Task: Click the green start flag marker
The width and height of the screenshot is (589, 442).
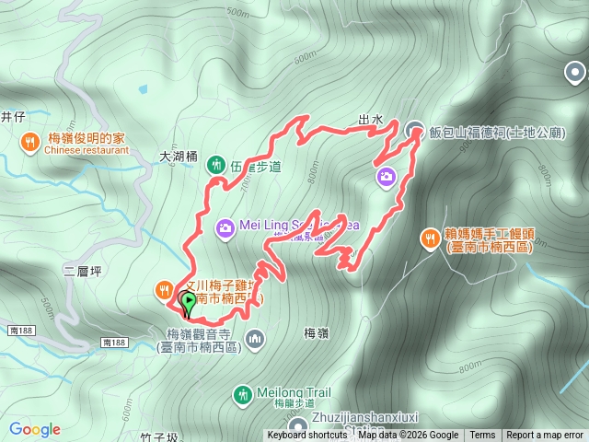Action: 189,301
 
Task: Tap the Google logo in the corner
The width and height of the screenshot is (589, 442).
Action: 35,429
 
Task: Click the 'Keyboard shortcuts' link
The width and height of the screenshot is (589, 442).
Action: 306,436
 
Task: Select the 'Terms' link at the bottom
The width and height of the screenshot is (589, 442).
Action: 482,436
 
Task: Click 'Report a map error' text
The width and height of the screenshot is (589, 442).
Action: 545,436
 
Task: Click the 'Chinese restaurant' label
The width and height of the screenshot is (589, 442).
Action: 86,150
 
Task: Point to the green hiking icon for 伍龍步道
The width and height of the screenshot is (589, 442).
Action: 217,166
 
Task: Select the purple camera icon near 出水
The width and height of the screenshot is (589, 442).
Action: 386,175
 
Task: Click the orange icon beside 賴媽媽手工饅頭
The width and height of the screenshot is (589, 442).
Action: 430,239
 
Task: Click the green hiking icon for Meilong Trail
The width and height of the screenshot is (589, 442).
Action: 243,394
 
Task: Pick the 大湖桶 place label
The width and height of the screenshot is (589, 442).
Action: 179,157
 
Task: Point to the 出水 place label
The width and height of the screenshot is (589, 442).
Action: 370,120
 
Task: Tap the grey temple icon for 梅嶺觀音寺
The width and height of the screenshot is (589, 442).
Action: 255,340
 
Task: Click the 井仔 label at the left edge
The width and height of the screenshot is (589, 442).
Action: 11,116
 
